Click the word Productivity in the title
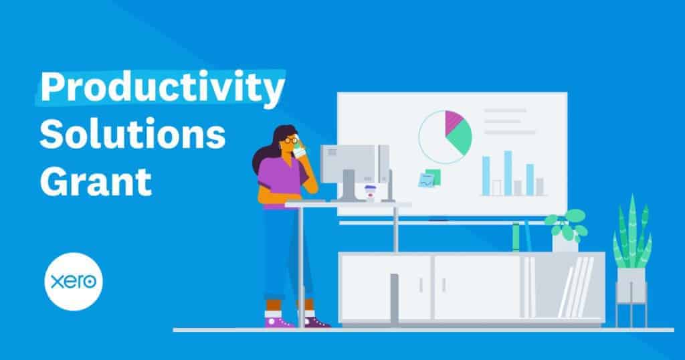click(163, 88)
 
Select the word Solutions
click(132, 134)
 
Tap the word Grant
click(96, 181)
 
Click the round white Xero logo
click(74, 282)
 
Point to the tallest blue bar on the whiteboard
click(508, 173)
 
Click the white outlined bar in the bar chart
click(497, 187)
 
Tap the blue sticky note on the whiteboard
click(426, 180)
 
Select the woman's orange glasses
click(291, 141)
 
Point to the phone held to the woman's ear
click(299, 152)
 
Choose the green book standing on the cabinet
click(516, 238)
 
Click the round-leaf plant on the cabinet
click(567, 224)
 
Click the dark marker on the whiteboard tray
click(438, 221)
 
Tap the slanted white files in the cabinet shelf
click(577, 286)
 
